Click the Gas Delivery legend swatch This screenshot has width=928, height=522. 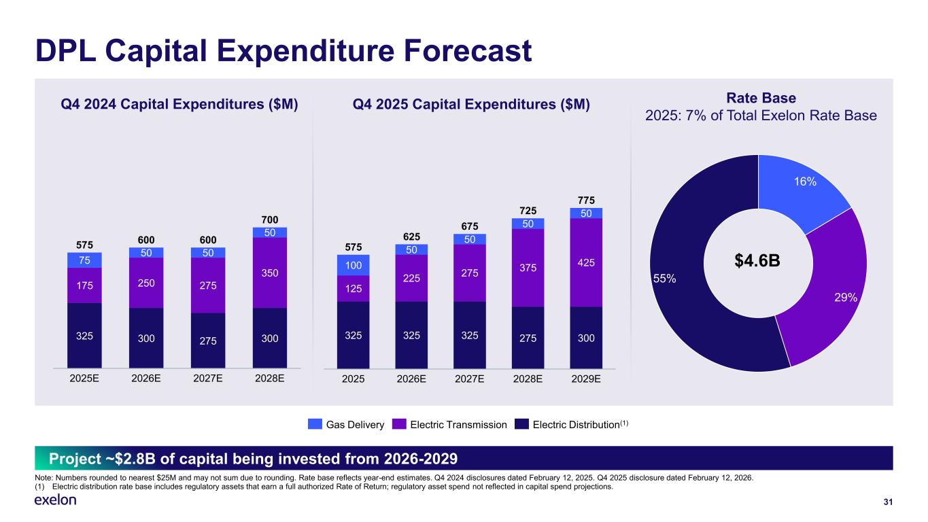pyautogui.click(x=315, y=425)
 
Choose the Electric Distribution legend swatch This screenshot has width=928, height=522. pyautogui.click(x=521, y=425)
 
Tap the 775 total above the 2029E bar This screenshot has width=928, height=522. pyautogui.click(x=586, y=201)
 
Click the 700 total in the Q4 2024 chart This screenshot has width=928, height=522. pyautogui.click(x=269, y=220)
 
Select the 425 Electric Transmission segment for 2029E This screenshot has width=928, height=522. pyautogui.click(x=586, y=262)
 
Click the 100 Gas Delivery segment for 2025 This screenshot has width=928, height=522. pyautogui.click(x=353, y=265)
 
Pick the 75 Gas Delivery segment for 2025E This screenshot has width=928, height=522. pyautogui.click(x=84, y=260)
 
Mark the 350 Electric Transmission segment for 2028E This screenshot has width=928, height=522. pyautogui.click(x=269, y=273)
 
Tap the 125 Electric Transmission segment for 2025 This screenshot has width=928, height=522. pyautogui.click(x=353, y=289)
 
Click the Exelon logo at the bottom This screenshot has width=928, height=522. pyautogui.click(x=55, y=501)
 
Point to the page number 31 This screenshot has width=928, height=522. pyautogui.click(x=887, y=502)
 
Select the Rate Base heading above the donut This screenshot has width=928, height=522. pyautogui.click(x=761, y=99)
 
